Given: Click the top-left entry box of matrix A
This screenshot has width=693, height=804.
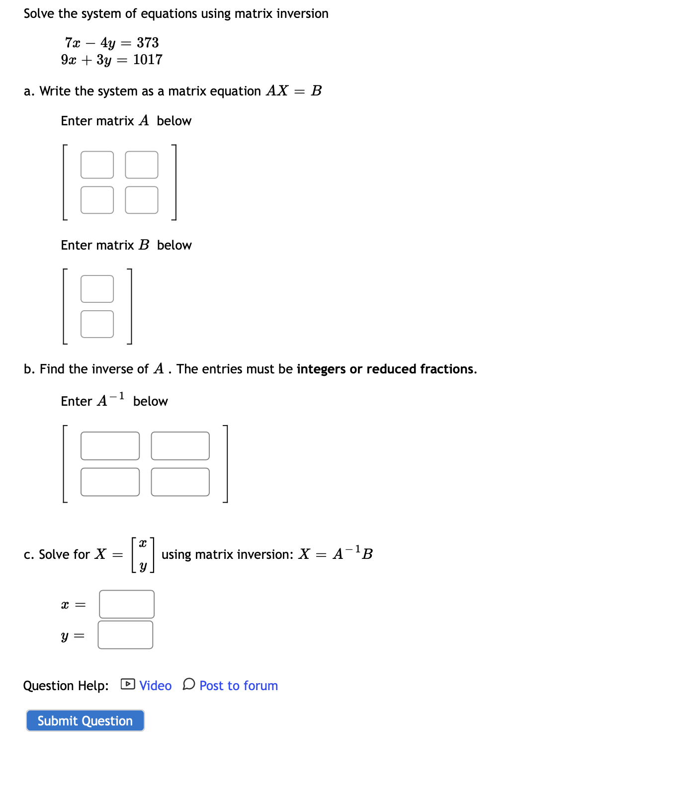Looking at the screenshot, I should coord(97,165).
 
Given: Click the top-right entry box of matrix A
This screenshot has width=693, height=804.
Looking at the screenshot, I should coord(142,165).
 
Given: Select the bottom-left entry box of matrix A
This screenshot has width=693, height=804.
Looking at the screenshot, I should coord(97,200).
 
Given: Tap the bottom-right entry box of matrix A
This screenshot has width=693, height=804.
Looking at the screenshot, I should coord(142,200).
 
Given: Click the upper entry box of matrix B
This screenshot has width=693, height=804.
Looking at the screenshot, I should coord(97,289).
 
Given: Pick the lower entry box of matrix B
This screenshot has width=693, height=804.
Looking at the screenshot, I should coord(97,324).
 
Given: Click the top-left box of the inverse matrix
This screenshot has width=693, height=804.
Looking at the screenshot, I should coord(110,446).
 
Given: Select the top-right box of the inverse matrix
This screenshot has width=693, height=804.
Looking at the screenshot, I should coord(180,446).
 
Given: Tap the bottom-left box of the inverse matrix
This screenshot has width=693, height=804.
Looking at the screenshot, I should coord(110,482).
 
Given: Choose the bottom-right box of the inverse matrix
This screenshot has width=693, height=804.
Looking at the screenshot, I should coord(180,482).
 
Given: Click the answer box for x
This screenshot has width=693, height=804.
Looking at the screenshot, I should coord(127,604).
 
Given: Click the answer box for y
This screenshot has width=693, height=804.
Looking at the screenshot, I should coord(125,635).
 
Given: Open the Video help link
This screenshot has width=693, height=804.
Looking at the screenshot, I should coord(155,686).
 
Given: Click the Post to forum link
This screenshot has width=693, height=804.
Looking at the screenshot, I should coord(239,686).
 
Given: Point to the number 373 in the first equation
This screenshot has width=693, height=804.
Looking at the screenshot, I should coord(148,43).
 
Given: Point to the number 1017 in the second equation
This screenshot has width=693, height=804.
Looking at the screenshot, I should coord(148,60).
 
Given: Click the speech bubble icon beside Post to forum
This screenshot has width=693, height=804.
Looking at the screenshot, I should coord(189,684).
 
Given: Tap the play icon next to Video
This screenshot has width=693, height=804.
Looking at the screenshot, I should coord(128,684).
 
